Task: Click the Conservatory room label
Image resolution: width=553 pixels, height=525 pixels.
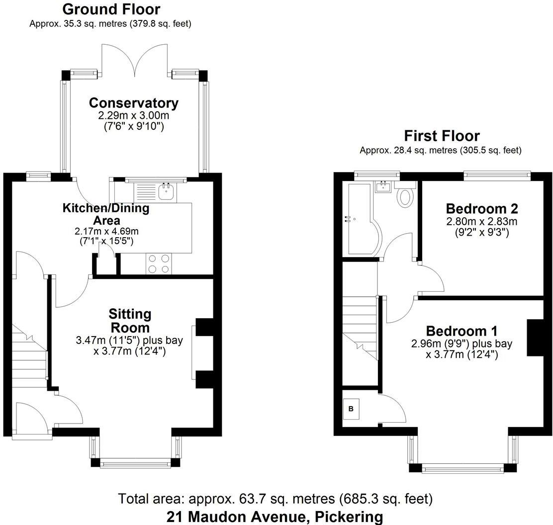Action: [x=133, y=103]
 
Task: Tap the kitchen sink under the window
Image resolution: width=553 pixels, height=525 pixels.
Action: [x=165, y=191]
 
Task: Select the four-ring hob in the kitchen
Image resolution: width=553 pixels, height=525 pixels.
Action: [x=158, y=263]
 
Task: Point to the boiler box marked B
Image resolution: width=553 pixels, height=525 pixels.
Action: [x=351, y=409]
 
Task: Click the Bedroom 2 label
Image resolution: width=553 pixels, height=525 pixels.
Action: [x=475, y=208]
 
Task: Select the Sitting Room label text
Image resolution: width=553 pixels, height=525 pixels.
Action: [x=130, y=321]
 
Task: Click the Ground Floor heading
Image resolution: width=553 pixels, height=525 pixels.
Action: [x=111, y=9]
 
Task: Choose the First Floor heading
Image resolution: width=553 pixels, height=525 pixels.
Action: [x=442, y=136]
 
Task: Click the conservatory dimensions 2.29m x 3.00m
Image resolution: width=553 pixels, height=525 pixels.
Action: [x=133, y=115]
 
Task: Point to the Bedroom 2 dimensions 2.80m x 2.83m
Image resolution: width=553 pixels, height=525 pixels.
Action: [x=475, y=221]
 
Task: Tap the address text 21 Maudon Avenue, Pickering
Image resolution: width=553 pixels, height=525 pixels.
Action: [x=275, y=517]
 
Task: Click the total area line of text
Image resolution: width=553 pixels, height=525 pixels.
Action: [x=275, y=498]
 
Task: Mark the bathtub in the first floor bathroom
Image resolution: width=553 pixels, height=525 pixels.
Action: [x=360, y=219]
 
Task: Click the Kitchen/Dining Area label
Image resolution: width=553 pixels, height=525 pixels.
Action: [x=105, y=214]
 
